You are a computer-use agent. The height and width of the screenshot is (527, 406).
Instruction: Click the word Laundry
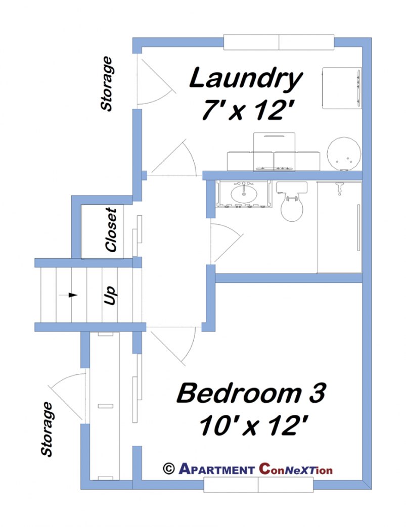click(246, 79)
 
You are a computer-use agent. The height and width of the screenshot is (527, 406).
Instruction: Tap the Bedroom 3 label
click(251, 394)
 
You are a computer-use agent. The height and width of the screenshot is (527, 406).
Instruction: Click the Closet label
click(111, 230)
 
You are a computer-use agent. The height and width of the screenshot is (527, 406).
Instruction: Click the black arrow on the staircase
click(73, 295)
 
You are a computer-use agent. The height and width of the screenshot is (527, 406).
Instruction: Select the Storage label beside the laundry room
click(107, 84)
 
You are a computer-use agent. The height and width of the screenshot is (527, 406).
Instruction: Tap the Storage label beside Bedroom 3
click(47, 429)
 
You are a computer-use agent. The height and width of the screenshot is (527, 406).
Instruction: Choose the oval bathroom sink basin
click(244, 194)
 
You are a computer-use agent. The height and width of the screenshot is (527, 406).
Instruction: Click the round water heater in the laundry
click(344, 153)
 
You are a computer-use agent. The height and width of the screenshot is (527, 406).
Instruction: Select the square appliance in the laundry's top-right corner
click(342, 88)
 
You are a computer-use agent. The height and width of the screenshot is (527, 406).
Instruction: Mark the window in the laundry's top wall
click(279, 42)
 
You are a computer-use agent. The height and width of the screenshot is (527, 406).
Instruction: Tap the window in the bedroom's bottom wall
click(258, 485)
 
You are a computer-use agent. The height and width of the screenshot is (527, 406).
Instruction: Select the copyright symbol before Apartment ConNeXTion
click(168, 468)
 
